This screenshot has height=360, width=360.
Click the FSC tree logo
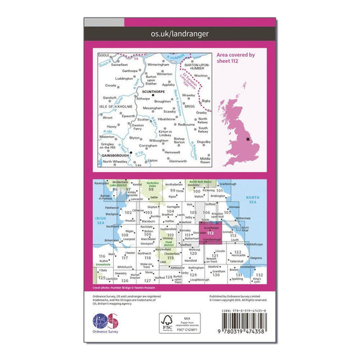pos(171,322)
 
